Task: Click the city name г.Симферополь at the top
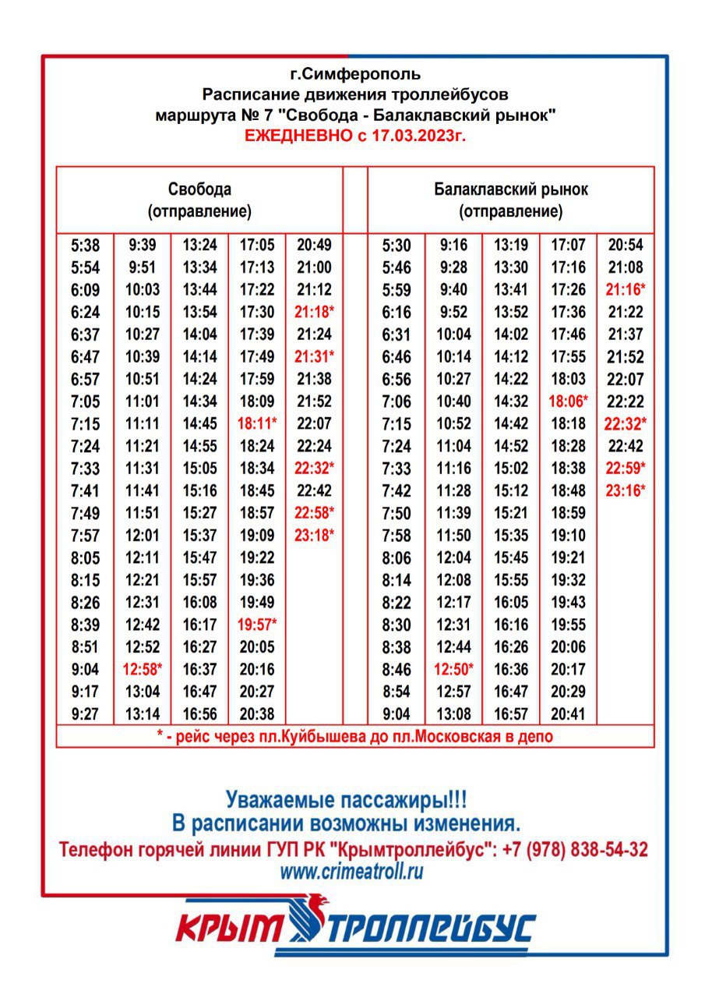pyautogui.click(x=354, y=75)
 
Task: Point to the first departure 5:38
pyautogui.click(x=85, y=246)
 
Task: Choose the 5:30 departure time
pyautogui.click(x=396, y=246)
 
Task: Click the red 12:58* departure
pyautogui.click(x=143, y=669)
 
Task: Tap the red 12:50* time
pyautogui.click(x=454, y=669)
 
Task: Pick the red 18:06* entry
pyautogui.click(x=569, y=402)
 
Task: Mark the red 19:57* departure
pyautogui.click(x=257, y=625)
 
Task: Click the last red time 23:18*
pyautogui.click(x=315, y=536)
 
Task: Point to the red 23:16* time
pyautogui.click(x=626, y=491)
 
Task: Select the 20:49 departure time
pyautogui.click(x=315, y=246)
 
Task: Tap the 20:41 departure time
pyautogui.click(x=569, y=713)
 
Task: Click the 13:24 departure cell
pyautogui.click(x=200, y=246)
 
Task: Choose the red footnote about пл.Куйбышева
pyautogui.click(x=354, y=736)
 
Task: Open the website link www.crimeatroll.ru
pyautogui.click(x=352, y=872)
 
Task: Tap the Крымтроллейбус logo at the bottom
pyautogui.click(x=354, y=928)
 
